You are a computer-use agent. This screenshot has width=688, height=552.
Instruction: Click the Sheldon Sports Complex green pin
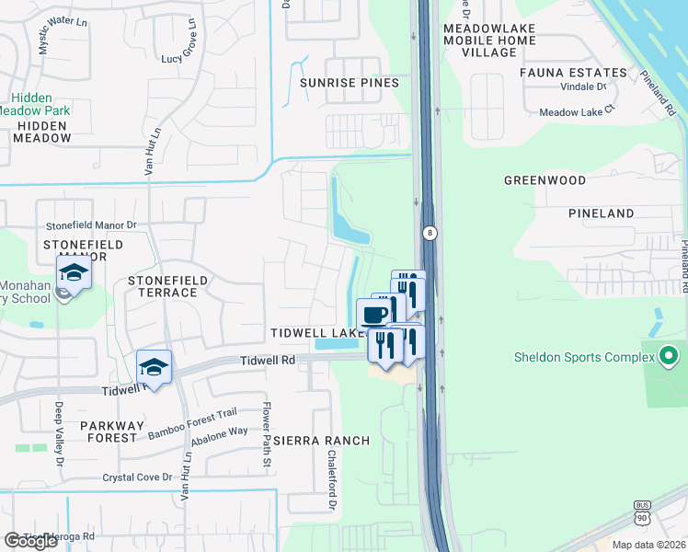[x=669, y=355]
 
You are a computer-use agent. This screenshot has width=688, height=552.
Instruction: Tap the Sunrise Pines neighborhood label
[x=350, y=83]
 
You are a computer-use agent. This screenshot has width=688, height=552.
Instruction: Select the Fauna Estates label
[x=573, y=72]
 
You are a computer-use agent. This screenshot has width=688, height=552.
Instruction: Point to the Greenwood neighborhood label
[x=545, y=180]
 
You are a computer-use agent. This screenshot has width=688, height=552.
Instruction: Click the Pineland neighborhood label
[x=601, y=213]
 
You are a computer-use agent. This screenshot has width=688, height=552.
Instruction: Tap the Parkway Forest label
[x=112, y=426]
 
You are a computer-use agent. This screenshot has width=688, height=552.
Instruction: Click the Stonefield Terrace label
[x=163, y=286]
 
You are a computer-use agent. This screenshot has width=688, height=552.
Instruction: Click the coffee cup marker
[x=373, y=315]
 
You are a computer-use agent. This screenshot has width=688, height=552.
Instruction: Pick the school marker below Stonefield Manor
[x=74, y=272]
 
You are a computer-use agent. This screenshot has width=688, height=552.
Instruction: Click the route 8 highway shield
[x=429, y=234]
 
